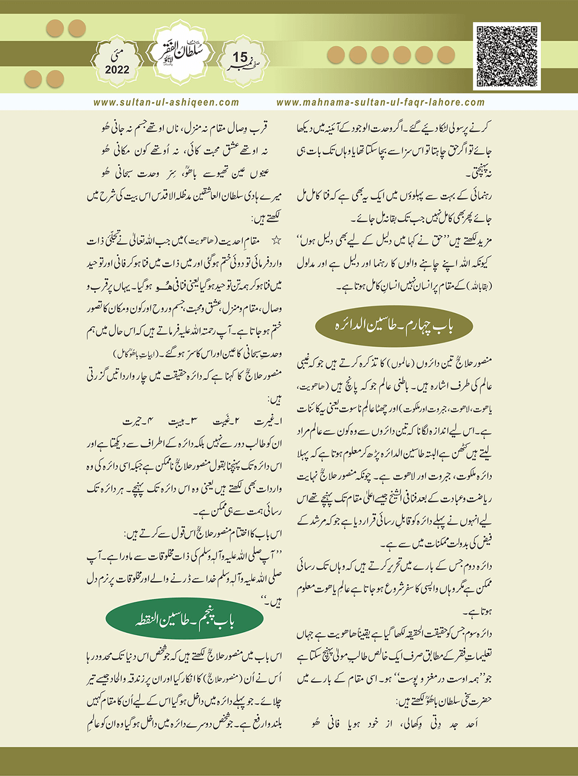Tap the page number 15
tap(239, 57)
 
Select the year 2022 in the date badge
tap(117, 70)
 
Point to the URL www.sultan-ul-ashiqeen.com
tap(166, 103)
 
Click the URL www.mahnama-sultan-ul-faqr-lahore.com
tap(381, 103)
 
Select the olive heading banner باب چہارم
tap(394, 326)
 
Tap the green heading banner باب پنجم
tap(185, 620)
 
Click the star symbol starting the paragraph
tap(276, 241)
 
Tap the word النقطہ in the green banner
tap(148, 620)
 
